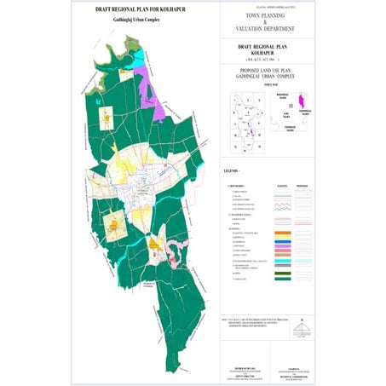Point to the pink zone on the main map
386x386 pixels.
point(174,252)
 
